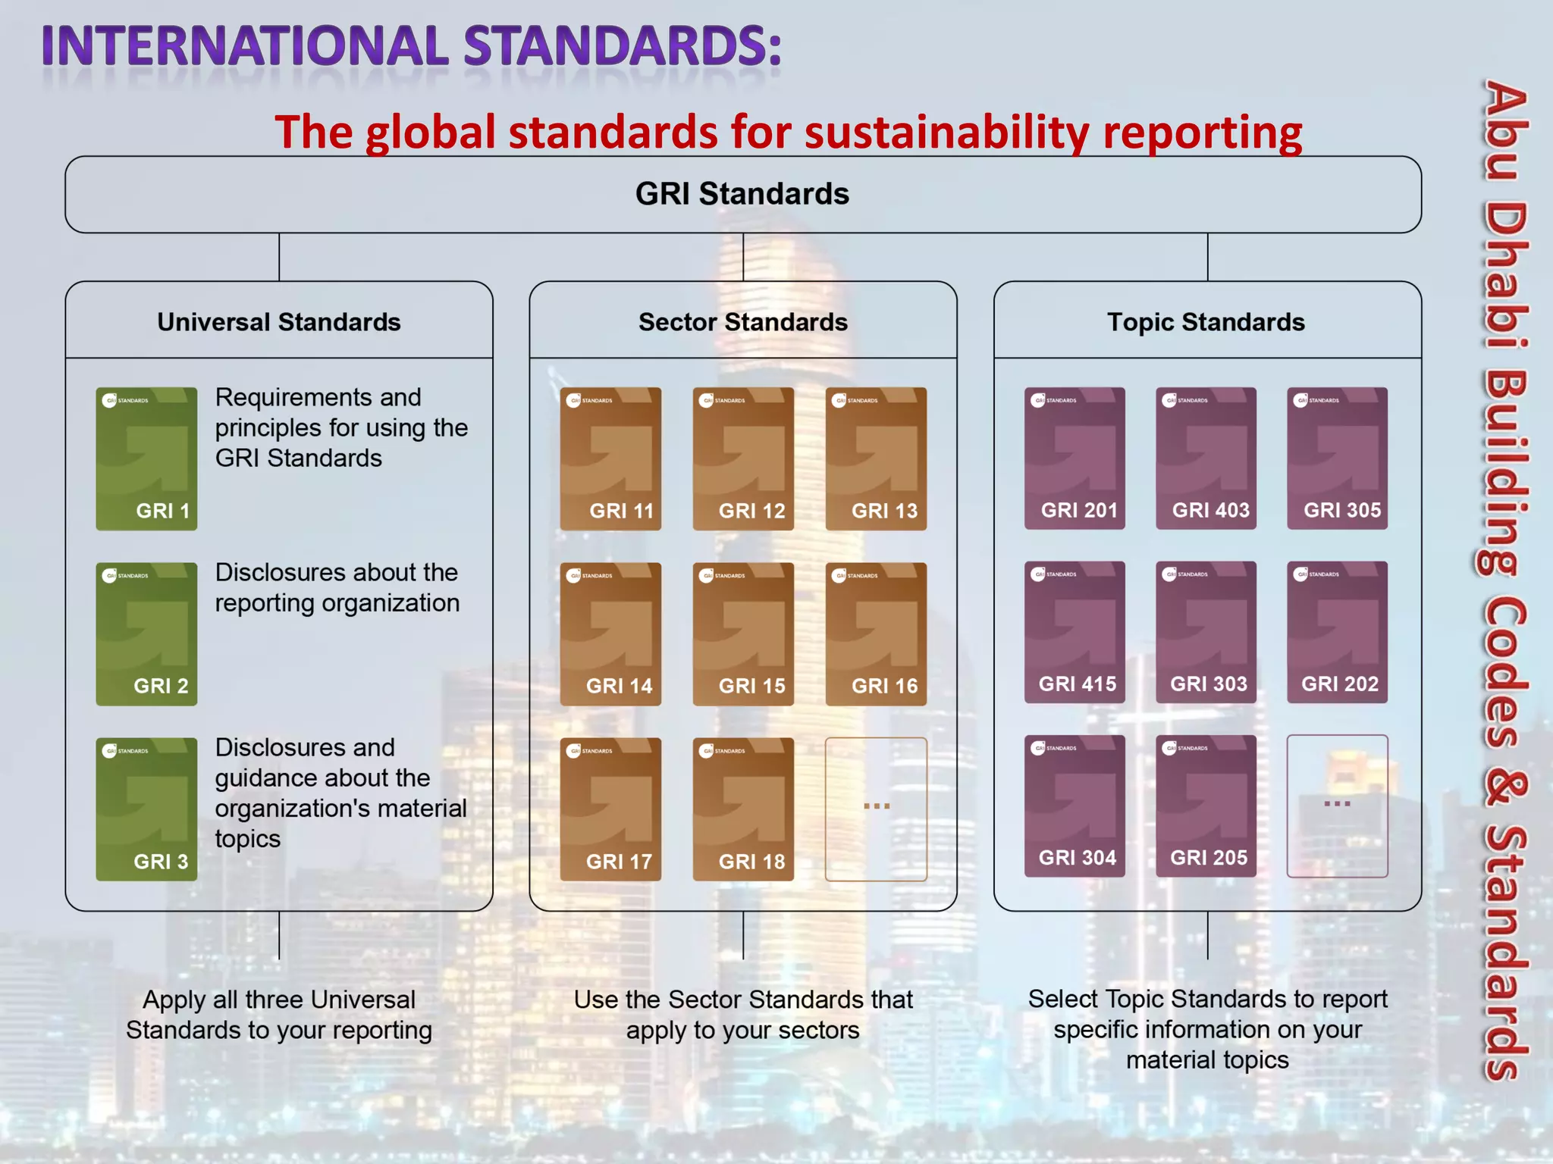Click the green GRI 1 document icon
[x=146, y=458]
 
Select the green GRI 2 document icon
[x=146, y=634]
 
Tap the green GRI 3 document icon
[x=146, y=809]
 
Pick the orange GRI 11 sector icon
[x=610, y=458]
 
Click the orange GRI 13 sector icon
[x=876, y=458]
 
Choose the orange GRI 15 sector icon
[x=743, y=634]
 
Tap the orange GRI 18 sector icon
[x=743, y=809]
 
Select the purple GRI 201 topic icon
[x=1075, y=458]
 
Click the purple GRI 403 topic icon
[x=1206, y=458]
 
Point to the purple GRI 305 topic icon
[x=1337, y=458]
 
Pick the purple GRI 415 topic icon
[x=1075, y=632]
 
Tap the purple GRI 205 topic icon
[x=1206, y=806]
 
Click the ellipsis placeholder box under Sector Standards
[x=876, y=809]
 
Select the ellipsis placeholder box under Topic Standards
[x=1337, y=806]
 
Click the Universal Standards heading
[x=279, y=322]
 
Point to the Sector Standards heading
[x=743, y=322]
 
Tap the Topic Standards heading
[x=1206, y=322]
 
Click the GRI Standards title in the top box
[x=742, y=194]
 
